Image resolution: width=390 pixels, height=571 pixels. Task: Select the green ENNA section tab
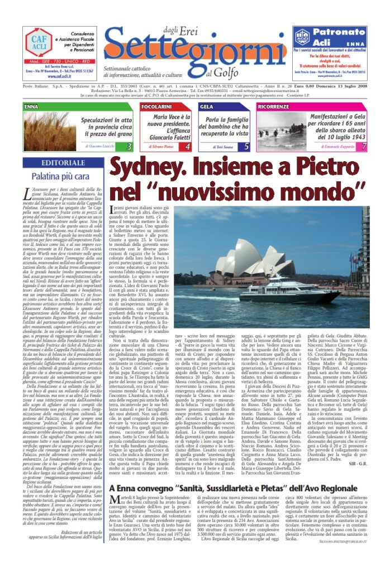click(x=33, y=105)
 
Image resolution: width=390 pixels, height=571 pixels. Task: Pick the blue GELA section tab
click(x=207, y=105)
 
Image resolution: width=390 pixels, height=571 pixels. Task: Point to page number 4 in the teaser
click(x=188, y=147)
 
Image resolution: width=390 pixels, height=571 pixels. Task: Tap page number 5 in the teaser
click(x=246, y=147)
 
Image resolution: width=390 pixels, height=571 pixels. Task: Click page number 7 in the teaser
click(x=364, y=147)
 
